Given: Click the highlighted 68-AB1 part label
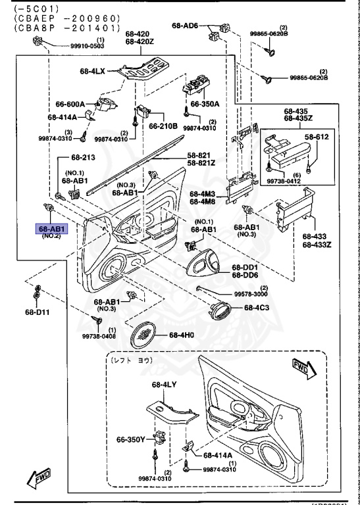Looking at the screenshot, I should [x=51, y=229].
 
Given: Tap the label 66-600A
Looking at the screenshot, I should [x=70, y=104].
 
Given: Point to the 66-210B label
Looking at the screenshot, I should [x=163, y=126].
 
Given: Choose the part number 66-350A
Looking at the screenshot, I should [x=205, y=104].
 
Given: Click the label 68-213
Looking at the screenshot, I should [x=84, y=158].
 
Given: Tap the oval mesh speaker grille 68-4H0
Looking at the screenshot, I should [x=146, y=335].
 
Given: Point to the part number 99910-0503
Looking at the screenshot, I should [x=87, y=46].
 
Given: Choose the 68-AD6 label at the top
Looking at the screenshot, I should [x=185, y=26].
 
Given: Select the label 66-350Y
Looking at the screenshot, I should [x=130, y=440].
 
